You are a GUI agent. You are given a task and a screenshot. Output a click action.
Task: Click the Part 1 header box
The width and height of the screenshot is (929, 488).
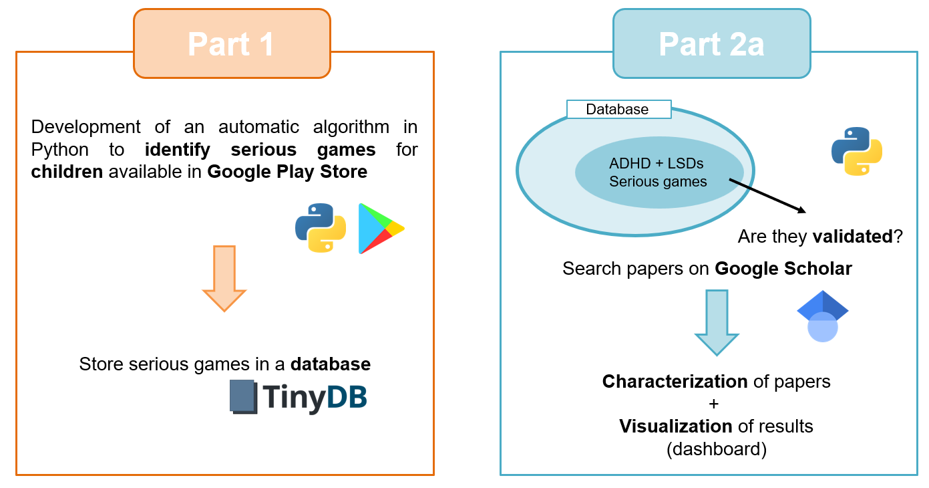pyautogui.click(x=231, y=44)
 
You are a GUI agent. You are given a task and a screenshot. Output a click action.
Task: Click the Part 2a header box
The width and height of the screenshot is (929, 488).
pyautogui.click(x=711, y=44)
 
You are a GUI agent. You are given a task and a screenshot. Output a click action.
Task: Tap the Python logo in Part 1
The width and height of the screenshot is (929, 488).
pyautogui.click(x=321, y=228)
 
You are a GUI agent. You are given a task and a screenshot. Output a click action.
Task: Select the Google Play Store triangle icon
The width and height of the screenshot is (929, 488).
pyautogui.click(x=379, y=229)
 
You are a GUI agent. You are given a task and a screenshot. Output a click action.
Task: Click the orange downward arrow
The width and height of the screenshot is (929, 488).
pyautogui.click(x=224, y=277)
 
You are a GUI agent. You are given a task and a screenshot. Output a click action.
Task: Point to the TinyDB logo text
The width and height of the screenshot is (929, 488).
pyautogui.click(x=315, y=398)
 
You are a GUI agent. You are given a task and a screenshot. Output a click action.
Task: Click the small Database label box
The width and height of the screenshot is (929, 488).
pyautogui.click(x=618, y=110)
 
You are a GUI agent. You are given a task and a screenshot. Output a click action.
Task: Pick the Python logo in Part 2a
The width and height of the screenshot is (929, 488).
pyautogui.click(x=856, y=152)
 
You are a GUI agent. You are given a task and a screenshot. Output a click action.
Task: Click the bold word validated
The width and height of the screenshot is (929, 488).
pyautogui.click(x=853, y=236)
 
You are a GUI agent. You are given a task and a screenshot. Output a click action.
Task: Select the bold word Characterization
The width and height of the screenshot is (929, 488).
pyautogui.click(x=675, y=382)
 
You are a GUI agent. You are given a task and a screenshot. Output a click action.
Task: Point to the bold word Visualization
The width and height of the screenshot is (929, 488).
pyautogui.click(x=676, y=426)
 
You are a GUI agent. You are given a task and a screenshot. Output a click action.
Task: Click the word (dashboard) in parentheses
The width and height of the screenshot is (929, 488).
pyautogui.click(x=716, y=449)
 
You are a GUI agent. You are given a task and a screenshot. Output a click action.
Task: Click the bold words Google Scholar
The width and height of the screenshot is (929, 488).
pyautogui.click(x=783, y=269)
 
